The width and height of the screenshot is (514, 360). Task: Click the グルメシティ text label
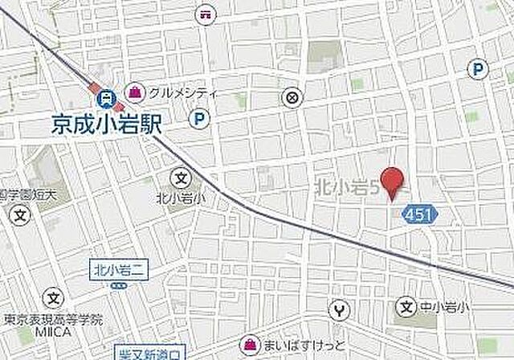point(182,91)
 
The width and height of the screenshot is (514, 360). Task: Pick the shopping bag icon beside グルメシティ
point(136,90)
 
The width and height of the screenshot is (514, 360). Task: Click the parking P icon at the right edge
point(479,69)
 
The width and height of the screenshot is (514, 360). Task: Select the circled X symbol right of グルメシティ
point(291,97)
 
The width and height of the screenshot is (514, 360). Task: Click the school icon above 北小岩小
point(182,177)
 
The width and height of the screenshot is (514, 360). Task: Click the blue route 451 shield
point(414,215)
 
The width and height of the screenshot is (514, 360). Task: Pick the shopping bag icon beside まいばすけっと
point(251,345)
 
